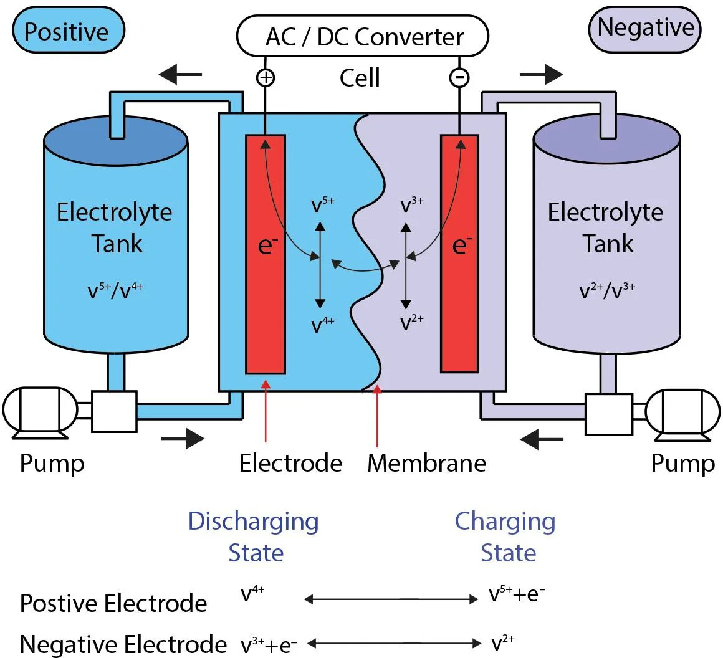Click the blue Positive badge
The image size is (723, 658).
click(67, 31)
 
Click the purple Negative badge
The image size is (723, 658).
click(644, 29)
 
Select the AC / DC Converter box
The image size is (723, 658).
click(362, 36)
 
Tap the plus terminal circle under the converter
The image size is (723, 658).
click(266, 77)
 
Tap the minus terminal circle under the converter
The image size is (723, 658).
click(459, 77)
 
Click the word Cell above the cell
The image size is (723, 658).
click(360, 79)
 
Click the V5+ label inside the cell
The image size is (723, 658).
click(323, 205)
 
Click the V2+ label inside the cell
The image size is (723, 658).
click(412, 323)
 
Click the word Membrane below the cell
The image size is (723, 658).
click(426, 463)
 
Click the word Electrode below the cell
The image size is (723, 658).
click(290, 463)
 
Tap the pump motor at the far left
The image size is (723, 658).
click(39, 410)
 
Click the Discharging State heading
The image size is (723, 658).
click(254, 536)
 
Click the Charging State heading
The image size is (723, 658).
click(505, 536)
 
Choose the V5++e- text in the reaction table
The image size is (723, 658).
click(517, 595)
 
